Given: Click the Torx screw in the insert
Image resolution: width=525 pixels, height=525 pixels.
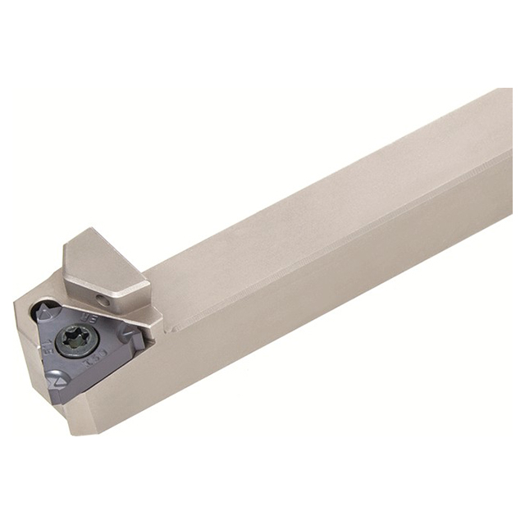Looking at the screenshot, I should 84,340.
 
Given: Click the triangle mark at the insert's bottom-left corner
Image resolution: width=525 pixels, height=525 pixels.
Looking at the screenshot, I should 57,381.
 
